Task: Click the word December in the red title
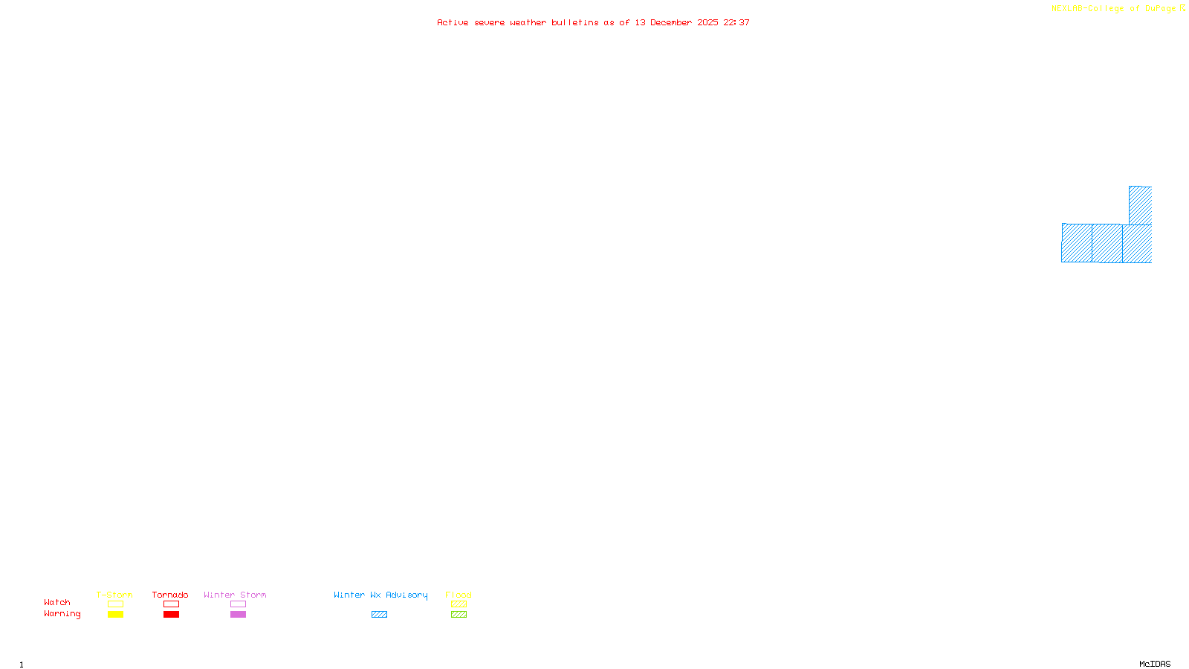(x=671, y=22)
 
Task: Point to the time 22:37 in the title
(x=736, y=22)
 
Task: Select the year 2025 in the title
(x=707, y=22)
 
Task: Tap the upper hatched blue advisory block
(x=1140, y=205)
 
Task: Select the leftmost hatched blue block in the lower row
(x=1077, y=243)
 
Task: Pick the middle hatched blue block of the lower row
(x=1107, y=243)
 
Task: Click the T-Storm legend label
(x=114, y=595)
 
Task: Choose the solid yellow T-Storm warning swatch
(x=115, y=615)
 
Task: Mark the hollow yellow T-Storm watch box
(x=115, y=604)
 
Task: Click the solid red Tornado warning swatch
(x=172, y=615)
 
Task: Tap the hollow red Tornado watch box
(x=172, y=604)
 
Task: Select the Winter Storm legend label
(x=235, y=595)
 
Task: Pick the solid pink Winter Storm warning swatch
(x=238, y=615)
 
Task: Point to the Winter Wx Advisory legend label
(x=380, y=595)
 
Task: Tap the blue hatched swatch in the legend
(x=379, y=615)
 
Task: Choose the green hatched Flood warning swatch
(x=459, y=615)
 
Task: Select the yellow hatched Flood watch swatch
(x=459, y=604)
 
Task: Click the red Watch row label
(x=57, y=602)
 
